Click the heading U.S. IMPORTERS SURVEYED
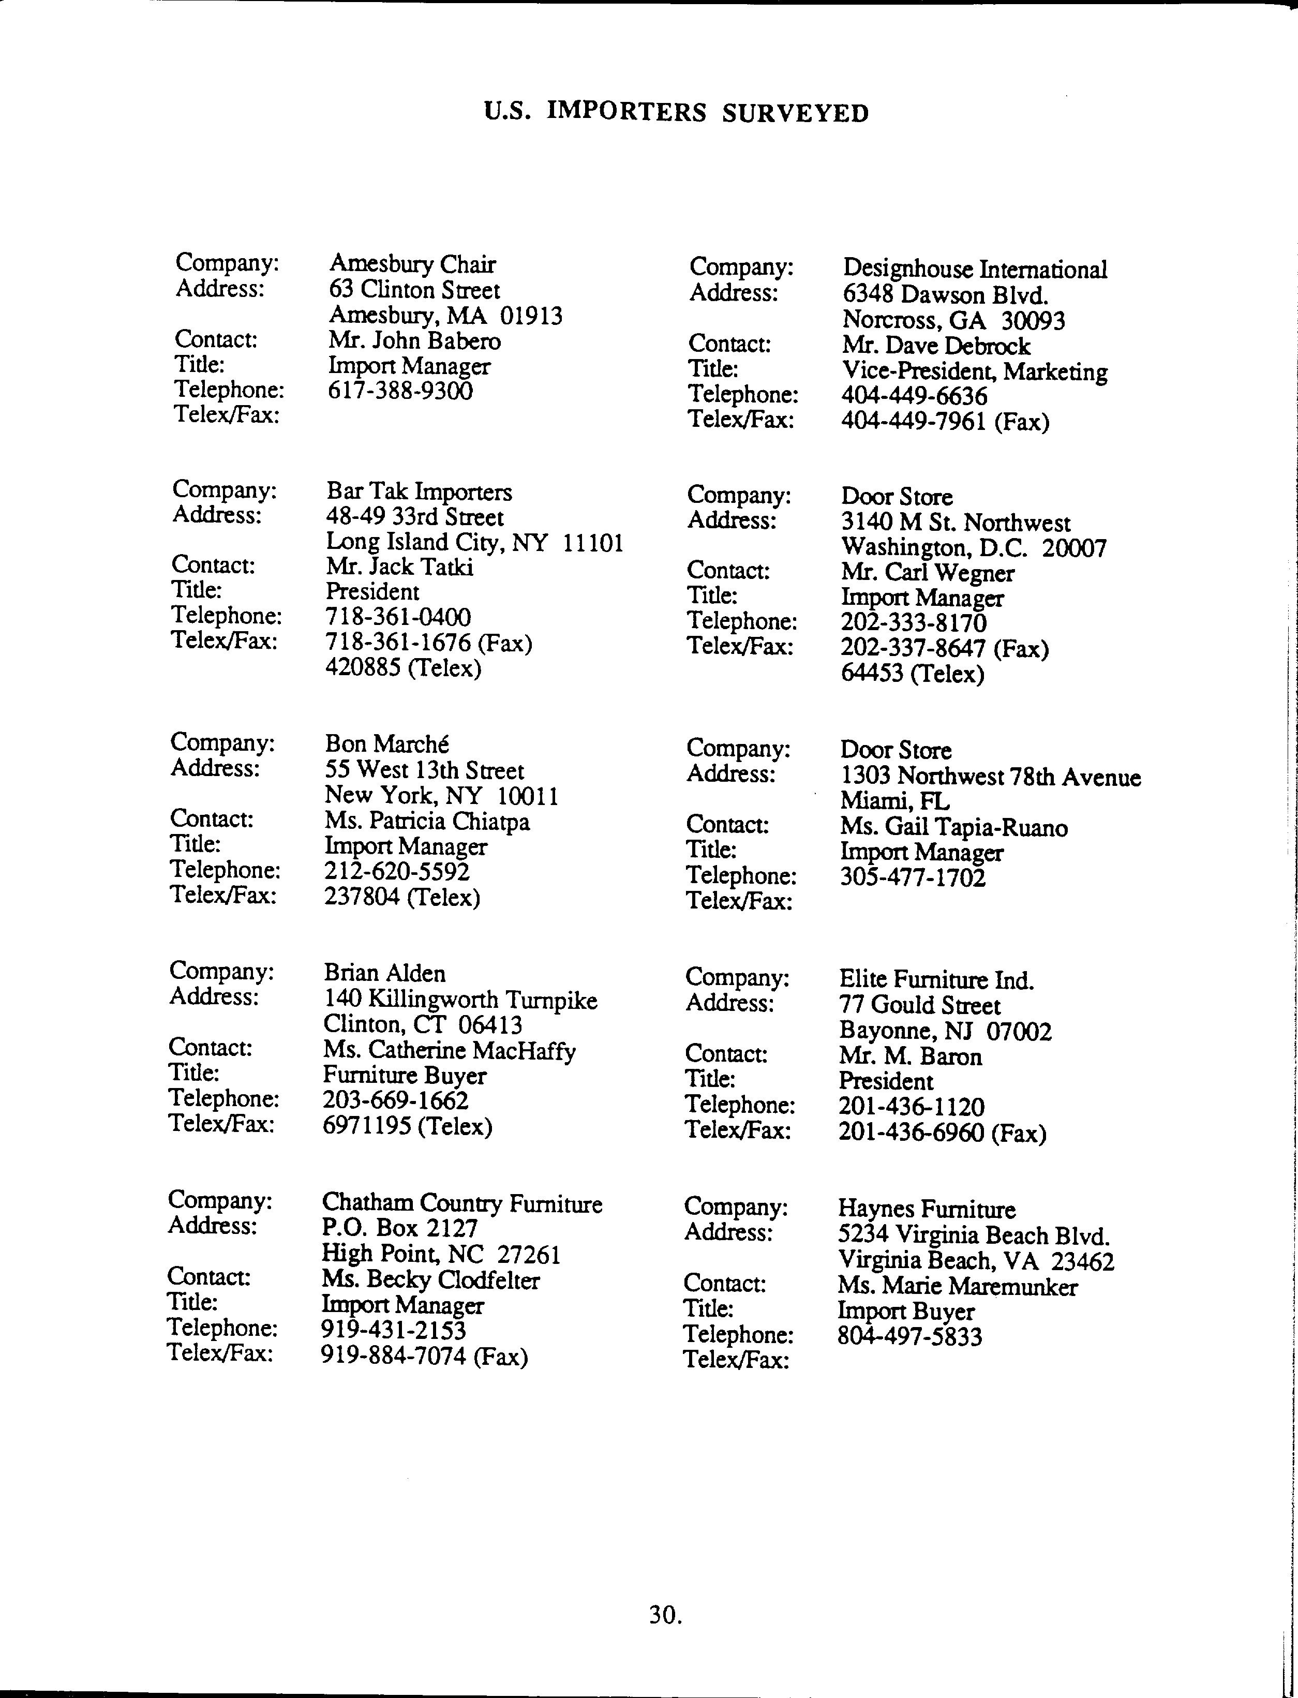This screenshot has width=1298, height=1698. click(676, 113)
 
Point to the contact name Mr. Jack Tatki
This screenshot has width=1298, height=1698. click(399, 567)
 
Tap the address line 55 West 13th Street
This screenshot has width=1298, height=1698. click(424, 770)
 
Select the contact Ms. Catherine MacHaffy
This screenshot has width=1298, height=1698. click(449, 1051)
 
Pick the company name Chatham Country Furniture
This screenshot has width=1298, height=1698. click(462, 1203)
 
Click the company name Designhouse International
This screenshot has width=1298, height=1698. click(974, 269)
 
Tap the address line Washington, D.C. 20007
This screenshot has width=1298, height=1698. click(974, 548)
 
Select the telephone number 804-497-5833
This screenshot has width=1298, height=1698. click(909, 1337)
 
